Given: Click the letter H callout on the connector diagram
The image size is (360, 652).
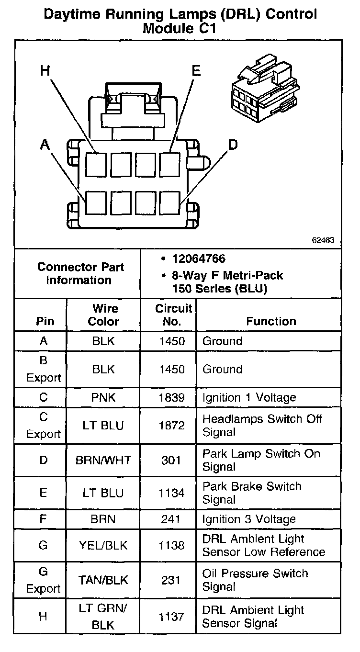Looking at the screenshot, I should click(x=45, y=71).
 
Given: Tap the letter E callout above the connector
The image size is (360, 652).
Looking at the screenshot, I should click(x=196, y=71).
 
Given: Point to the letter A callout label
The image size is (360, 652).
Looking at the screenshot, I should click(x=45, y=144).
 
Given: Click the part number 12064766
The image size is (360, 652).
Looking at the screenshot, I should click(x=199, y=259).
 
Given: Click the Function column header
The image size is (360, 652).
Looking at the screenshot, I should click(x=271, y=321).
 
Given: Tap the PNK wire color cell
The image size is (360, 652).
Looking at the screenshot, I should click(x=103, y=398).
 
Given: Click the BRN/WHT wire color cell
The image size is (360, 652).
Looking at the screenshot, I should click(x=103, y=461).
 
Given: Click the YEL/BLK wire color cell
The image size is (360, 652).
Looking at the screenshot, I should click(x=103, y=545).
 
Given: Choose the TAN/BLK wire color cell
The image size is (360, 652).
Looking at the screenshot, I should click(x=103, y=580).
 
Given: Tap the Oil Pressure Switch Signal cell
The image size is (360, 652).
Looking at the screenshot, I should click(x=255, y=580).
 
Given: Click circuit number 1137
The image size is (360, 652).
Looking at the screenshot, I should click(x=171, y=617).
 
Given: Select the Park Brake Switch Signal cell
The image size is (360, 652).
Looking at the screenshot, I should click(x=252, y=493).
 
